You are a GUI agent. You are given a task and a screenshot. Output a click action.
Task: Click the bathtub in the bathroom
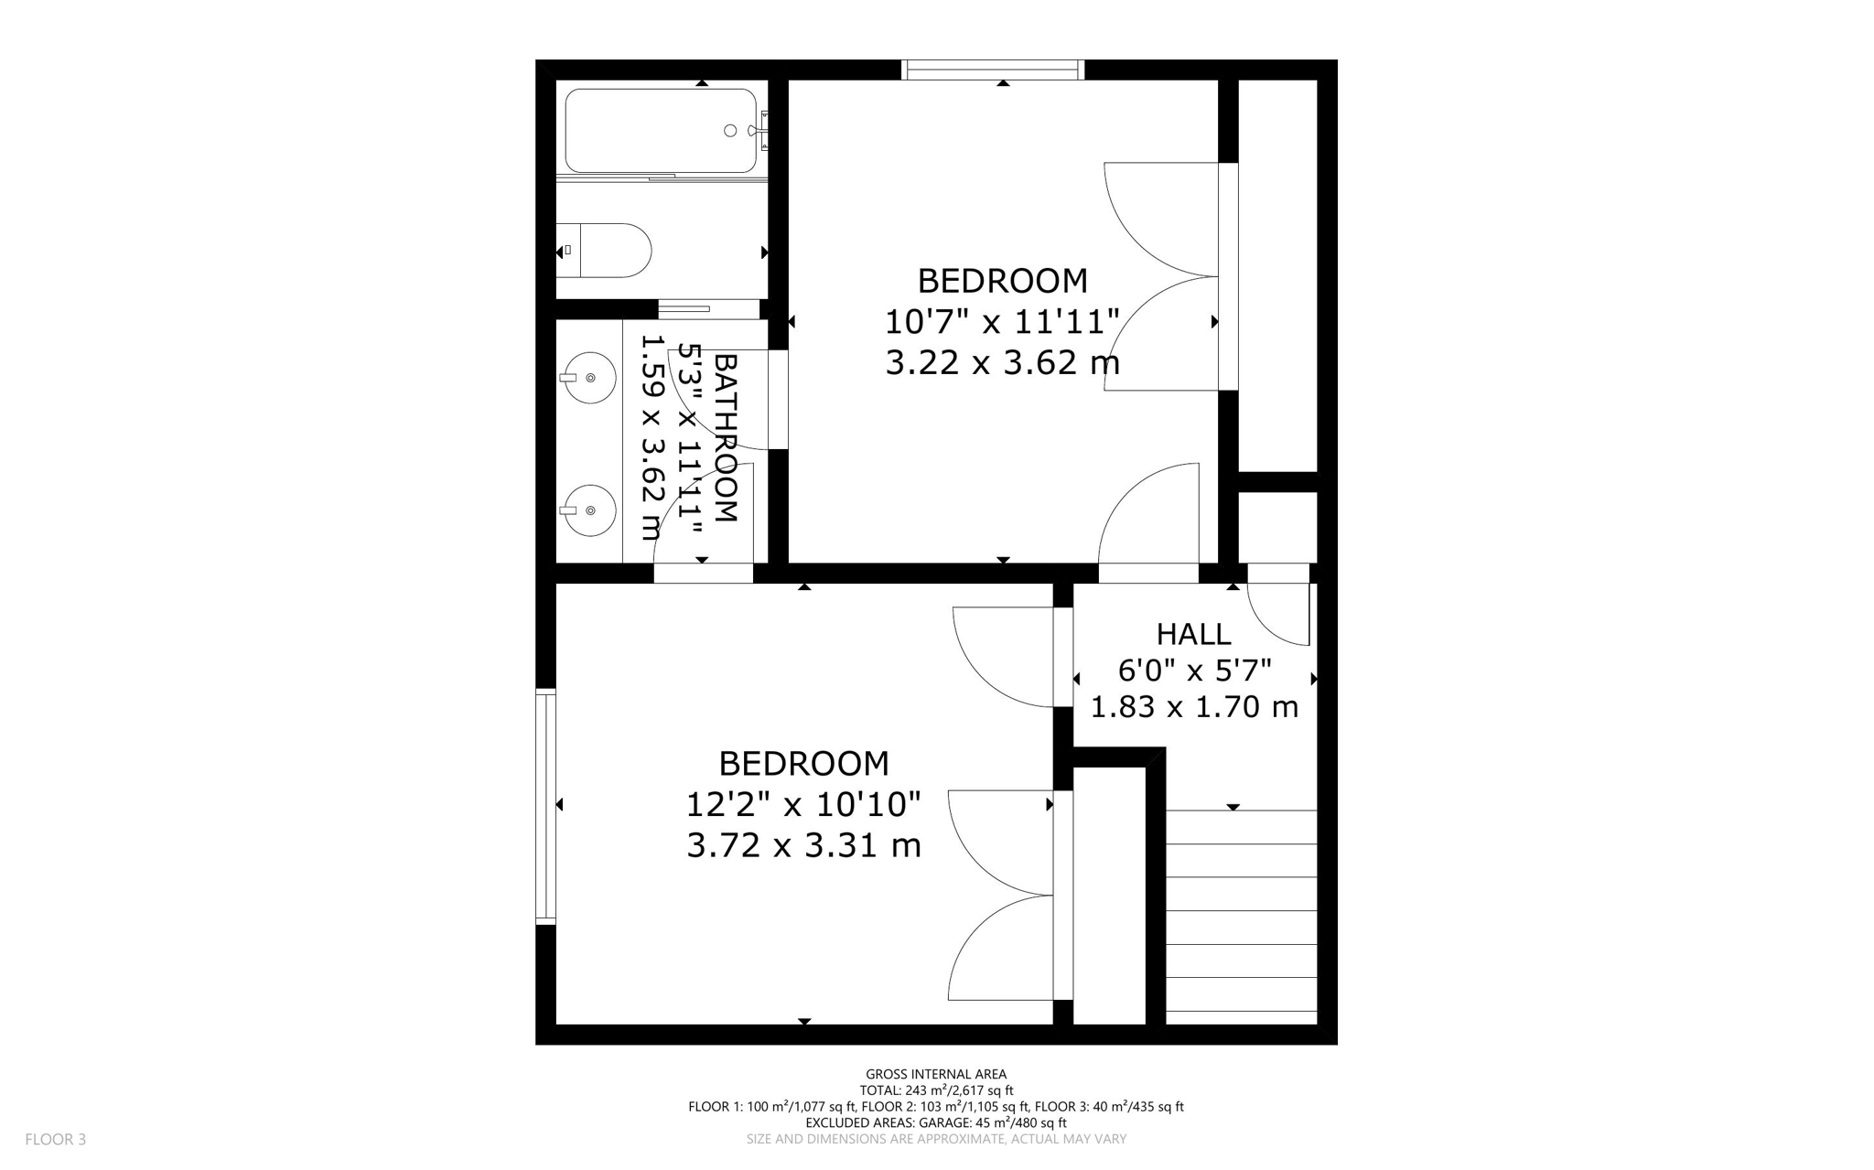point(661,131)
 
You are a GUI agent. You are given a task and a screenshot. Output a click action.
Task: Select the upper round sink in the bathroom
point(588,377)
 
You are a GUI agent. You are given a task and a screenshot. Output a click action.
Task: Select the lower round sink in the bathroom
point(588,510)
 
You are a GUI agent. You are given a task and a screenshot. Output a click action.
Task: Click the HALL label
point(1193,634)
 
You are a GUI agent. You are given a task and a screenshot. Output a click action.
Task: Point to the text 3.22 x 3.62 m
point(1002,363)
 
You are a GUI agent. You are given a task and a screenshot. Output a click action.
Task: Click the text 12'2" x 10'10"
point(803,805)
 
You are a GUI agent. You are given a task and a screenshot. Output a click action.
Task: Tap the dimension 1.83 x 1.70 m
point(1194,707)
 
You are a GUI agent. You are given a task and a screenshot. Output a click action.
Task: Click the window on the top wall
point(993,70)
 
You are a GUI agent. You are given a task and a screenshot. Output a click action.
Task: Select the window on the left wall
point(545,806)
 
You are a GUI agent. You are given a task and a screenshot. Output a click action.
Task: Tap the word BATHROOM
point(724,438)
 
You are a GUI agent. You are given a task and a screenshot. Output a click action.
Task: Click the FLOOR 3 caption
point(56,1140)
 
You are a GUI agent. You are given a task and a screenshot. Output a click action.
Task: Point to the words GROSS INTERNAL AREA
point(936,1075)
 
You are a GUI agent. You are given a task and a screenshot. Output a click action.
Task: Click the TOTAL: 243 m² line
point(936,1090)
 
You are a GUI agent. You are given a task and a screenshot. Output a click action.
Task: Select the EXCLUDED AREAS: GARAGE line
point(936,1122)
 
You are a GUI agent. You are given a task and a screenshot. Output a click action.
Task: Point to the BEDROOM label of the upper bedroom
point(1002,281)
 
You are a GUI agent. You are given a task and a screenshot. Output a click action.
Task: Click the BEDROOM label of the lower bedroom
point(803,763)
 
